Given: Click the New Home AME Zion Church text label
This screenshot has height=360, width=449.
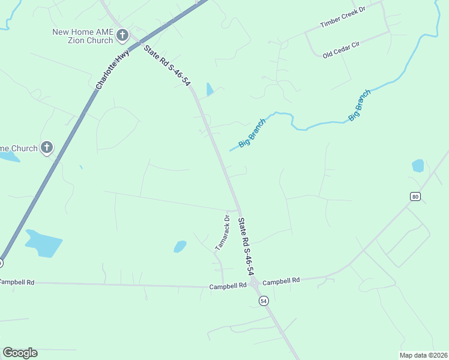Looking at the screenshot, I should (83, 36).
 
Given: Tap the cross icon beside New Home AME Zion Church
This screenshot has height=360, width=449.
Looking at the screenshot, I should (122, 36).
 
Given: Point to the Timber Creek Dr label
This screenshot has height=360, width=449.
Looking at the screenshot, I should (343, 17).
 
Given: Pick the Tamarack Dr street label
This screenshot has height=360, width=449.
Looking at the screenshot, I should (223, 232).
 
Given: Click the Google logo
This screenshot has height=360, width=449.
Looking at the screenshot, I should (20, 353).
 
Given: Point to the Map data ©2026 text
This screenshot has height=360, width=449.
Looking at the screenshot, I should (423, 355).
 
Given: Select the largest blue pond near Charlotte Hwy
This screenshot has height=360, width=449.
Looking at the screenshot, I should (43, 242).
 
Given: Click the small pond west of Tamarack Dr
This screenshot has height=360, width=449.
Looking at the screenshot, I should (179, 246).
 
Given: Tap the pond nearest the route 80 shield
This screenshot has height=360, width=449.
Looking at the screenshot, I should (418, 166).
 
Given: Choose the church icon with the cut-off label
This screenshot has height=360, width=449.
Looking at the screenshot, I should (47, 148).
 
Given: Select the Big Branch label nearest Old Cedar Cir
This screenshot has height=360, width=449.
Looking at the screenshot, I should (360, 105).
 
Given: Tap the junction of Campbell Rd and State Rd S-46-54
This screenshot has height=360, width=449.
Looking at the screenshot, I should (254, 283).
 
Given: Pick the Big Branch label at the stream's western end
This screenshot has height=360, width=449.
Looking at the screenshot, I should (252, 133).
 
